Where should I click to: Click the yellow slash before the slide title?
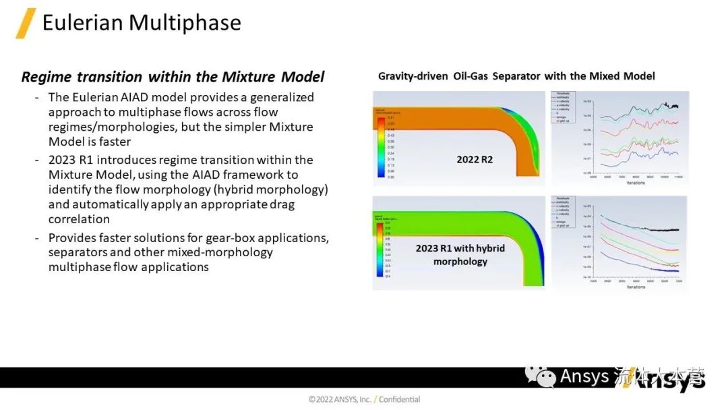[x=26, y=24]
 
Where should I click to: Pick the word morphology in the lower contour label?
[x=460, y=261]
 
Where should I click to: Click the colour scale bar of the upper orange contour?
[x=381, y=147]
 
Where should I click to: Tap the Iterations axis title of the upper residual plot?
[x=635, y=183]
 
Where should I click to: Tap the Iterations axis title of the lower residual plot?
[x=635, y=287]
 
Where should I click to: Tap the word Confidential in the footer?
[x=399, y=399]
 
